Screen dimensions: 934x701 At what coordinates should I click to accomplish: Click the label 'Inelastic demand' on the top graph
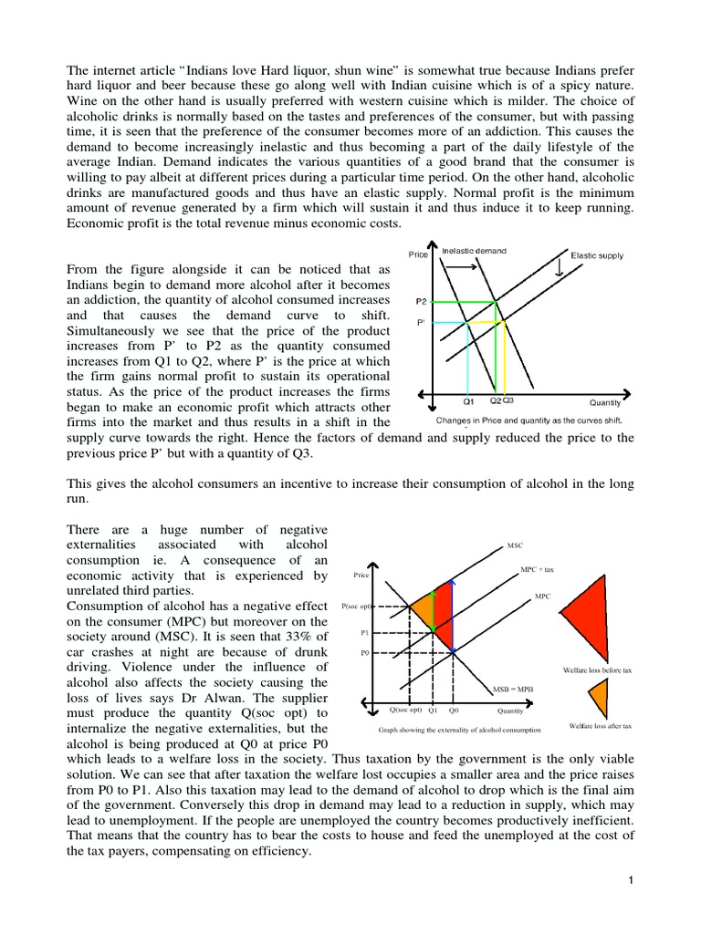pos(474,250)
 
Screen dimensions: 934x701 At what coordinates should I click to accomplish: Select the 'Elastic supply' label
pos(597,255)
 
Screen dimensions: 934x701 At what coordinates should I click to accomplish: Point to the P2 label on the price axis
pos(421,300)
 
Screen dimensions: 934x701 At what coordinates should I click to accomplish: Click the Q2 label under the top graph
pos(495,400)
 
